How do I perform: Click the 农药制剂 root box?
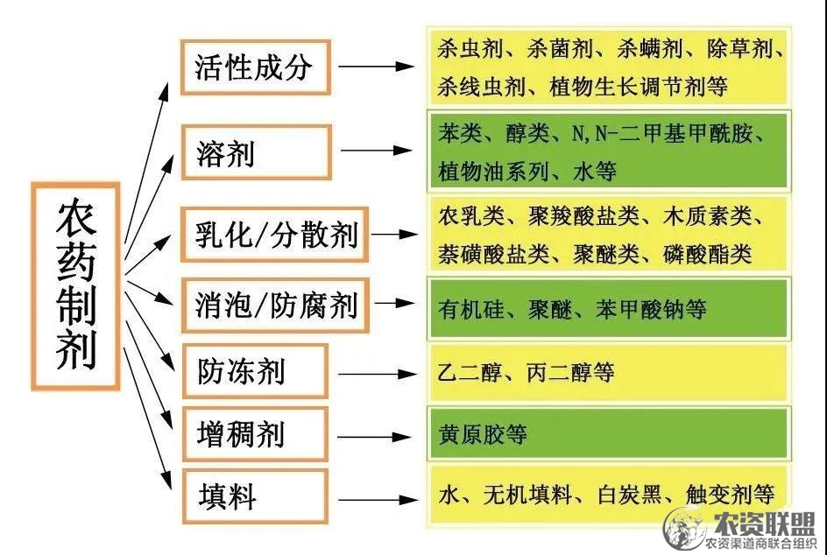tap(76, 286)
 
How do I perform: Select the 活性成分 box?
tap(256, 67)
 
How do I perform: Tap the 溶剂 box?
tap(257, 151)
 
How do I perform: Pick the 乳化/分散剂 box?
tap(275, 235)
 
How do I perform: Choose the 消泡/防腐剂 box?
tap(275, 306)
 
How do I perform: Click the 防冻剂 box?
tap(255, 371)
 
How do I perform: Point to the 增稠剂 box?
tap(255, 434)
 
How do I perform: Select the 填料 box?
tap(255, 496)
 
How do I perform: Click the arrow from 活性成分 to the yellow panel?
tap(376, 67)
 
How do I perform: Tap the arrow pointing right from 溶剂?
tap(376, 151)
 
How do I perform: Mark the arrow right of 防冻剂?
tap(377, 374)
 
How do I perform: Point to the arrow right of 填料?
tap(377, 500)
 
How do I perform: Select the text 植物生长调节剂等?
tap(638, 87)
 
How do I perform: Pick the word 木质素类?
tap(707, 215)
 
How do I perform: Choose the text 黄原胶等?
tap(483, 435)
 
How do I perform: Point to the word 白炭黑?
tap(629, 495)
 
